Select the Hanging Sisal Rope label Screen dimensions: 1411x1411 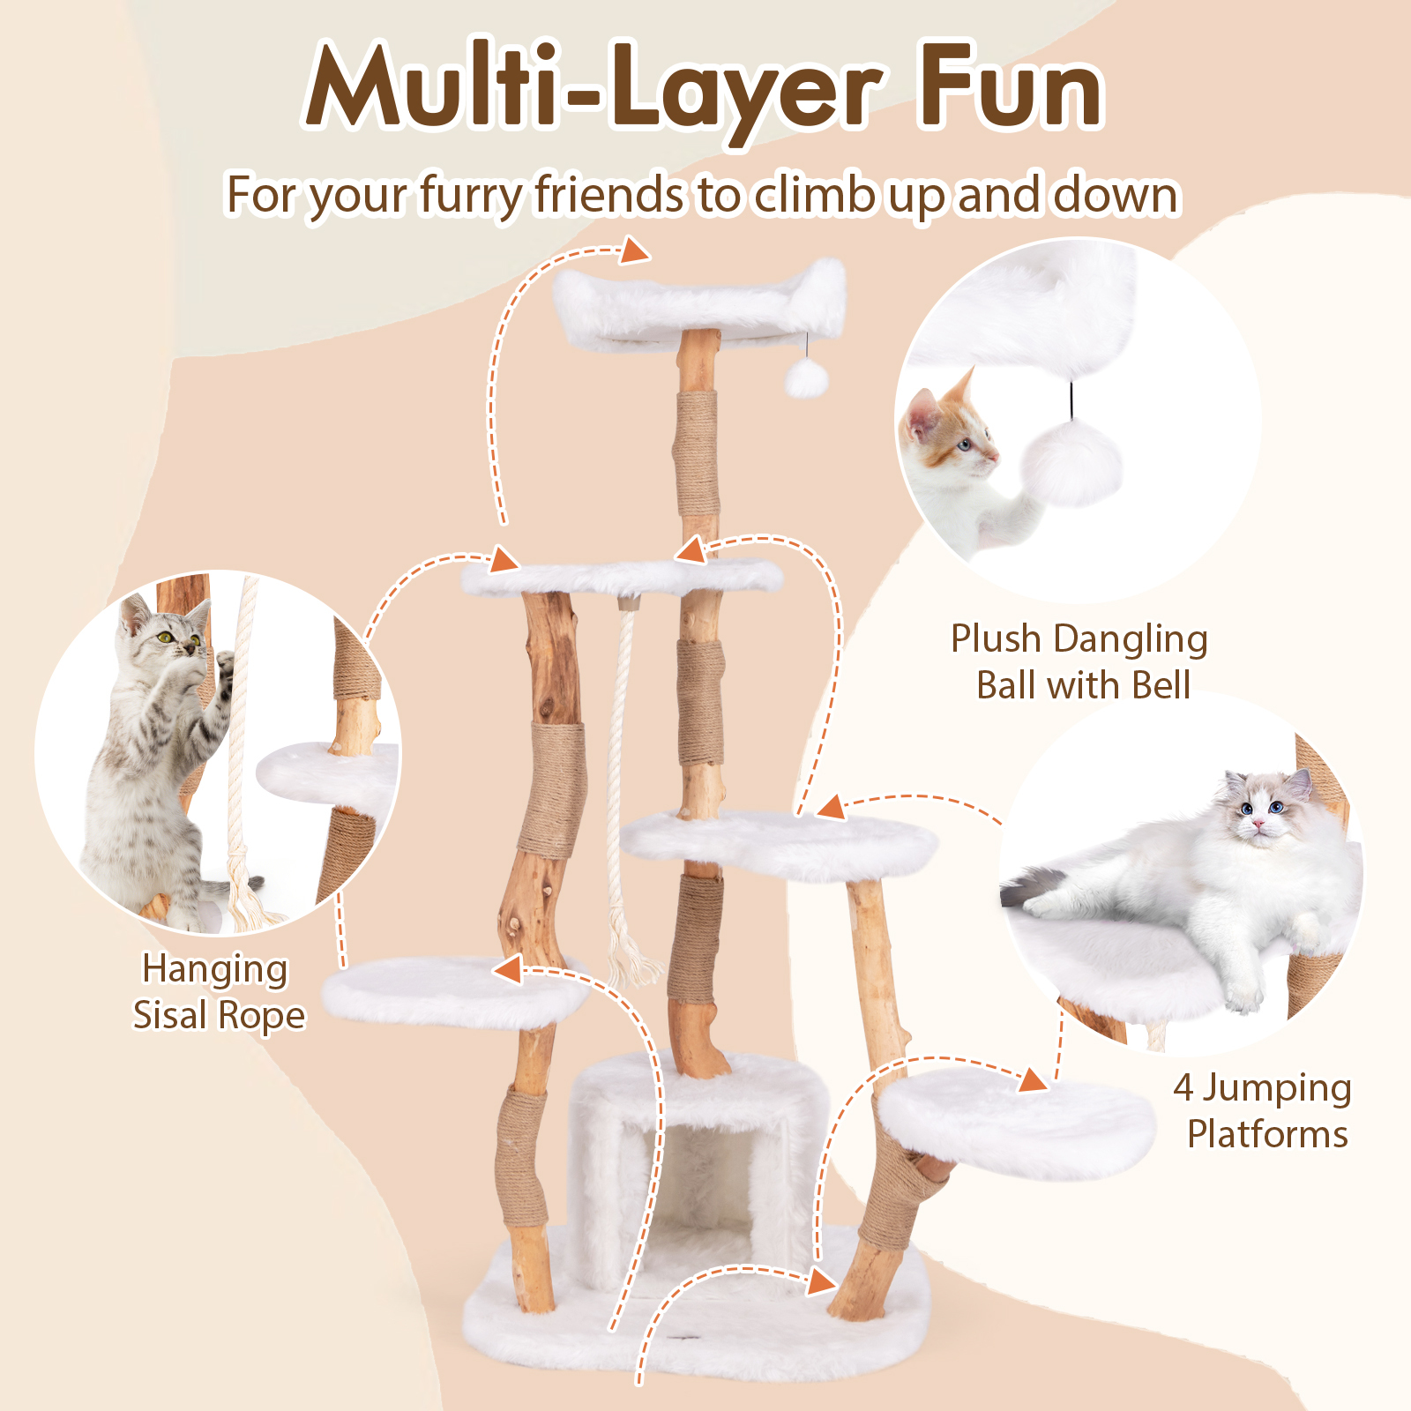tap(218, 992)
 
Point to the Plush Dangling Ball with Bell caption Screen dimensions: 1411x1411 tap(1080, 661)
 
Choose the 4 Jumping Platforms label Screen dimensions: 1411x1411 tap(1263, 1110)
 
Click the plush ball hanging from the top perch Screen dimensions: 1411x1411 tap(806, 379)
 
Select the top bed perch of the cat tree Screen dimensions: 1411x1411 tap(697, 304)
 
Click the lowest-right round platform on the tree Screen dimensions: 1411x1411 tap(1019, 1120)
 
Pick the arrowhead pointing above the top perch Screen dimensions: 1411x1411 tap(635, 251)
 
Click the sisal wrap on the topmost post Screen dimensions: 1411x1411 tap(697, 454)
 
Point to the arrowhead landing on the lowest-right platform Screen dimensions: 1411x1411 tap(1034, 1079)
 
